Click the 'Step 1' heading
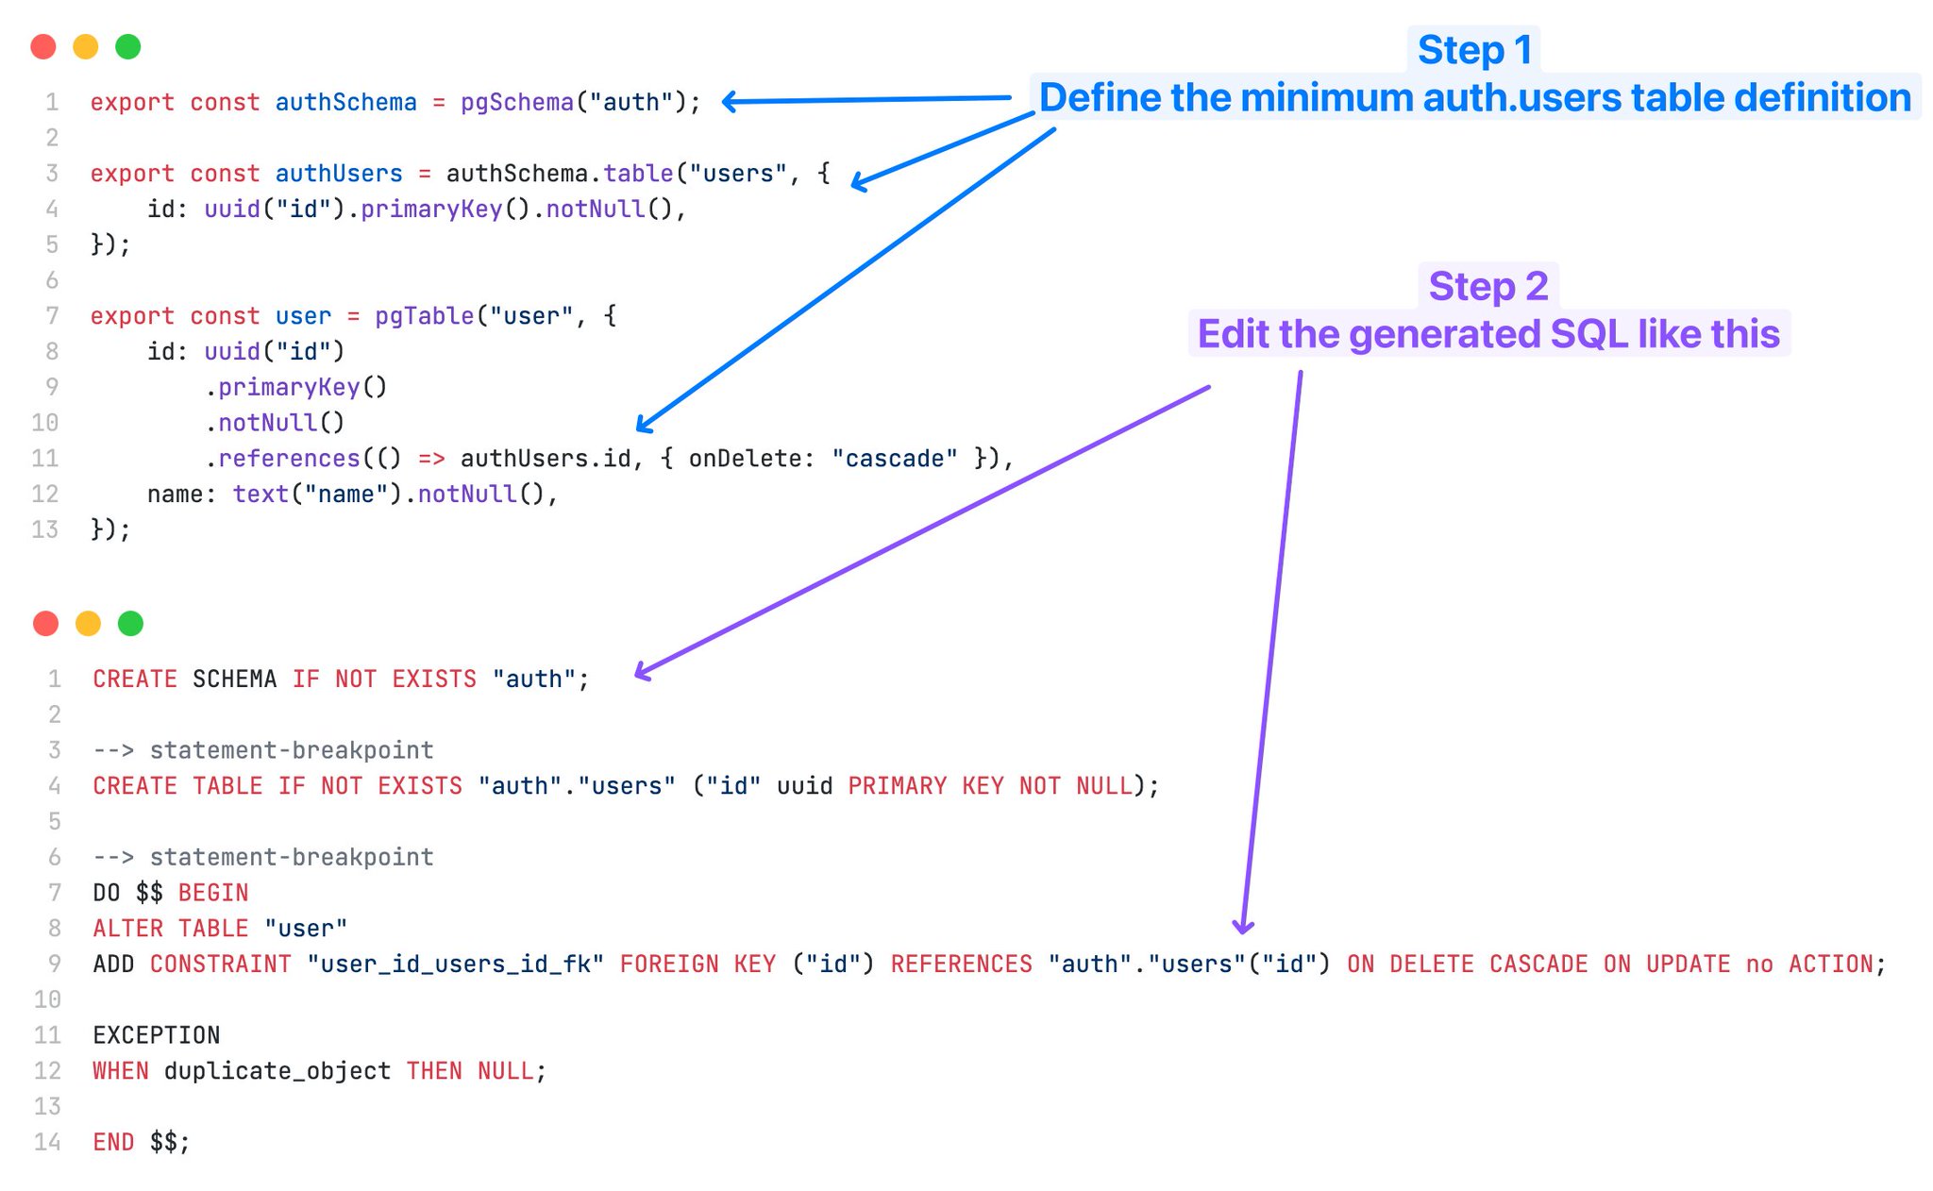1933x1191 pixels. (1473, 50)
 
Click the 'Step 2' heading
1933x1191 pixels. (1488, 286)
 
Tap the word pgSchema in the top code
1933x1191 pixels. (517, 102)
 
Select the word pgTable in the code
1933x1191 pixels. (424, 315)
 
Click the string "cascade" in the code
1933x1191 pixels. (894, 459)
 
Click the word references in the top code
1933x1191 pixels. (289, 459)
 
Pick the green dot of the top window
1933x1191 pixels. (127, 46)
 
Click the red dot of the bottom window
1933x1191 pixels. (45, 623)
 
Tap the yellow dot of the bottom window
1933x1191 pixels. (88, 623)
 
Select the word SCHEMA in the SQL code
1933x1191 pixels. (234, 679)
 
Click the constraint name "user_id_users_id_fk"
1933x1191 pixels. (455, 965)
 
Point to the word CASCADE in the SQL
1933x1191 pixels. (1538, 965)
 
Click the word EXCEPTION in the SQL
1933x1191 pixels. (156, 1035)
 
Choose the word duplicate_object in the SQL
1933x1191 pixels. (277, 1071)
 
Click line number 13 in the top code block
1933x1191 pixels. (45, 529)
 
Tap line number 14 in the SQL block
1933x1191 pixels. (47, 1142)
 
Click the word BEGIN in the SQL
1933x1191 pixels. (213, 893)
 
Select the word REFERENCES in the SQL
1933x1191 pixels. (961, 965)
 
